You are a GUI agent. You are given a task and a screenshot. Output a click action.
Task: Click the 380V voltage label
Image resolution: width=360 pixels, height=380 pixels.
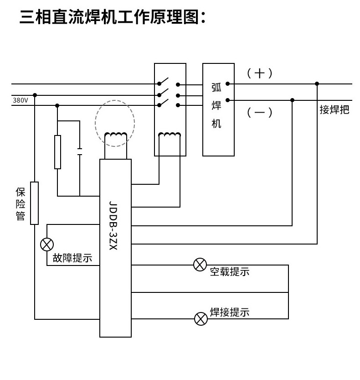tap(21, 100)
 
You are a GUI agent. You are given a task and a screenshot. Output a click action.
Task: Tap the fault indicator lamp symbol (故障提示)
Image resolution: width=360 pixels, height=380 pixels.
tap(47, 245)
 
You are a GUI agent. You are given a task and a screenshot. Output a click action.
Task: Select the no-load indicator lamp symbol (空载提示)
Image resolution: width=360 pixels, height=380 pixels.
tap(200, 265)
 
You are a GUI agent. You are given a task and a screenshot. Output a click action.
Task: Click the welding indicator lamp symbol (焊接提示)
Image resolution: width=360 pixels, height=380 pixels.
tap(201, 319)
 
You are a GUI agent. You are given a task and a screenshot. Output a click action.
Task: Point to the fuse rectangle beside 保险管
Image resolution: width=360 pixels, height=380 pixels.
tap(34, 203)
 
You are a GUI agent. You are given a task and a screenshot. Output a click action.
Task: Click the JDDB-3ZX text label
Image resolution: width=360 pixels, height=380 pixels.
tap(113, 225)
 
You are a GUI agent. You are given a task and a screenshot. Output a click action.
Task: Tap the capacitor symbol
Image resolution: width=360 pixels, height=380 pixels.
tap(80, 151)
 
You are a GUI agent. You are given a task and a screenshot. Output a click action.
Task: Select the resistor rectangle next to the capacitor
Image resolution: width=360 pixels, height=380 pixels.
tap(57, 152)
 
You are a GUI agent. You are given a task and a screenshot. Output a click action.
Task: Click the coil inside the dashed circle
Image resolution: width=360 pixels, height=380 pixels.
tap(116, 135)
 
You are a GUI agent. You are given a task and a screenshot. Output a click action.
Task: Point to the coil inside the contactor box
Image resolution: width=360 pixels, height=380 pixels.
tap(170, 135)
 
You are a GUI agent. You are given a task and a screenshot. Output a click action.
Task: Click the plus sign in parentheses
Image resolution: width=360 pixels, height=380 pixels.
tap(260, 73)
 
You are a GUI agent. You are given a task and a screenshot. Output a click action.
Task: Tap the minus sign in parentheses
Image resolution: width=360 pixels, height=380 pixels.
tap(260, 112)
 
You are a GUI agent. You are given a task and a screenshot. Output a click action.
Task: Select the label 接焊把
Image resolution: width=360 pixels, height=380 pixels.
tap(334, 109)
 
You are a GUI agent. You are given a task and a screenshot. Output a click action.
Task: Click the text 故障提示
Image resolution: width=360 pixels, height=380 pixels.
tap(72, 258)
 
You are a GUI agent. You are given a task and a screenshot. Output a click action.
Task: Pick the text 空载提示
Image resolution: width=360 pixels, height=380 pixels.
tap(230, 272)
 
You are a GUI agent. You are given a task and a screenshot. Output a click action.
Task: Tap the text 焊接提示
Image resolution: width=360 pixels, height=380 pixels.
tap(230, 312)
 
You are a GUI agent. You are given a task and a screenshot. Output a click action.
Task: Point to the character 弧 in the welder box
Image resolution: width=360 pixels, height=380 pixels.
tap(216, 88)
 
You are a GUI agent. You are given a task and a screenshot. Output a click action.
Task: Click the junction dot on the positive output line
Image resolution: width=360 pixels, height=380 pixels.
tap(317, 84)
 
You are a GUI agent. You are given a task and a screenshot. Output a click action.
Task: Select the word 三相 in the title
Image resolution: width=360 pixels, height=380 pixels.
tap(35, 17)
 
